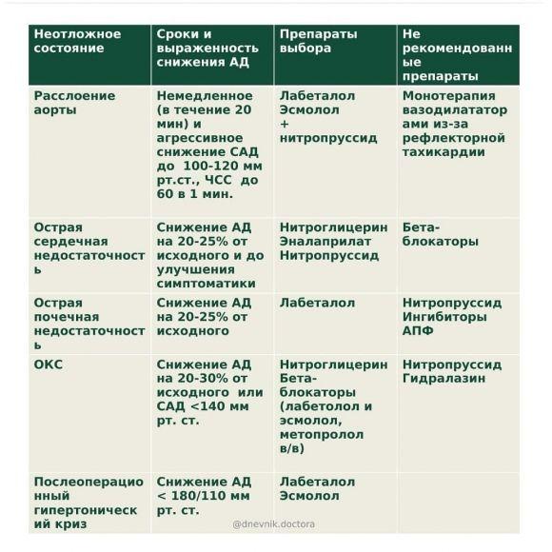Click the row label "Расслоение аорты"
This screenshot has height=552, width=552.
pyautogui.click(x=74, y=103)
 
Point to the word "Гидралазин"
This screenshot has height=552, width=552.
pyautogui.click(x=444, y=379)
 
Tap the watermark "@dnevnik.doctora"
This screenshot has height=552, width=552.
pyautogui.click(x=274, y=523)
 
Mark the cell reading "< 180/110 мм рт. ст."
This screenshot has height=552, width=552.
pyautogui.click(x=203, y=503)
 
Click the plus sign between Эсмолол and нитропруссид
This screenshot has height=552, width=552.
pyautogui.click(x=285, y=124)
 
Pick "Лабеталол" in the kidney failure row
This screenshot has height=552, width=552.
pyautogui.click(x=317, y=304)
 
